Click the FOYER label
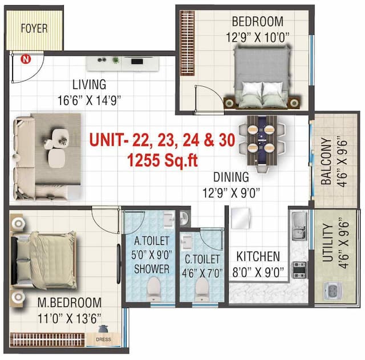click(x=34, y=28)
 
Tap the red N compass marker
click(x=25, y=58)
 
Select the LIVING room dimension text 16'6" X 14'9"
click(x=89, y=100)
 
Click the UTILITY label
click(x=327, y=243)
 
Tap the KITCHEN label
click(x=258, y=256)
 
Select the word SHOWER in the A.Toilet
click(x=151, y=268)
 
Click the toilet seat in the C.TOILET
click(x=201, y=288)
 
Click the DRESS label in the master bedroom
click(x=104, y=339)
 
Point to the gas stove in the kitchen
click(x=299, y=269)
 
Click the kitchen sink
click(x=299, y=226)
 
